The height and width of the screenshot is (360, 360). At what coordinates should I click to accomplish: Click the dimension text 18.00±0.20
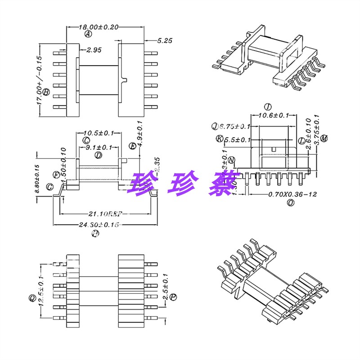(99, 27)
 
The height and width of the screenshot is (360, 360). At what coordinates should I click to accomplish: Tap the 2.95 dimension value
(94, 50)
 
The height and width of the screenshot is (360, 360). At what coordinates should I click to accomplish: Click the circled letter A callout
(88, 34)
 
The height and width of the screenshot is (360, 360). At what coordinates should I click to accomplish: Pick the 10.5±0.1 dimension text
(99, 133)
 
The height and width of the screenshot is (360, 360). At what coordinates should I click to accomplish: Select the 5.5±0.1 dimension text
(238, 139)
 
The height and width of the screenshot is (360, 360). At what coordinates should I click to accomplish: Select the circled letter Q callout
(32, 297)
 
